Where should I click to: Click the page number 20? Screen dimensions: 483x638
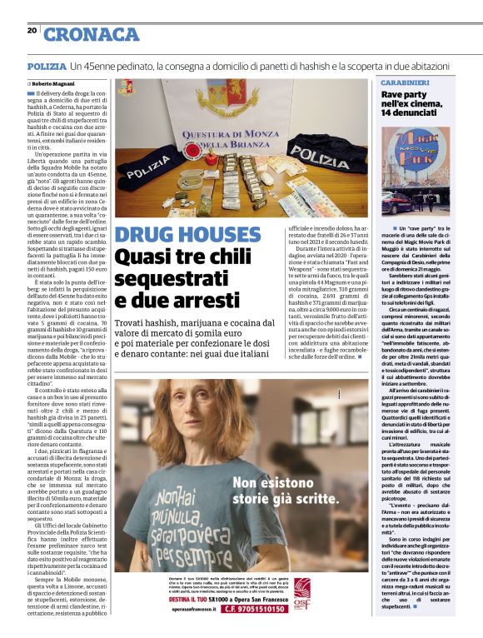[32, 31]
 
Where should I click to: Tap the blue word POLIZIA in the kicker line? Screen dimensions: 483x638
[46, 65]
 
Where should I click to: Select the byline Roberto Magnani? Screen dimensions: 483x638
[56, 84]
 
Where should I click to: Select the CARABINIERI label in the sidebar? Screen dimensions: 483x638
[405, 83]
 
